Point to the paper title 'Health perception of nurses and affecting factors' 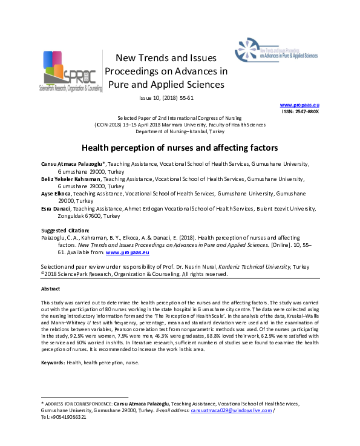pyautogui.click(x=180, y=148)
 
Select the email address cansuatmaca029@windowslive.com pyautogui.click(x=231, y=410)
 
